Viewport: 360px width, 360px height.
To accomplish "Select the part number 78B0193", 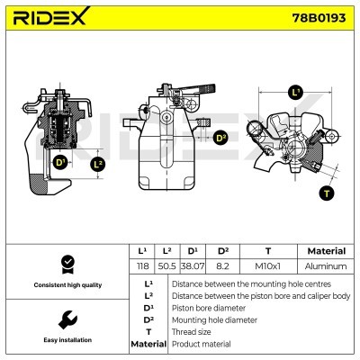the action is pos(319,18).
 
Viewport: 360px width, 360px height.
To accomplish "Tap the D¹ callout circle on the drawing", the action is pos(60,163).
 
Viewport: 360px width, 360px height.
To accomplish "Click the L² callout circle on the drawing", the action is pos(98,164).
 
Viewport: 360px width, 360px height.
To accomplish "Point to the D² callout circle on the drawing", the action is pos(221,139).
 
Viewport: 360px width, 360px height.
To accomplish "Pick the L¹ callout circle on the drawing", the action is pos(296,93).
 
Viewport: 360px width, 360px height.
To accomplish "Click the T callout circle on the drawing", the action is pos(327,193).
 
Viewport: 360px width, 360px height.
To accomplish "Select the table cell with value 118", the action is pos(142,266).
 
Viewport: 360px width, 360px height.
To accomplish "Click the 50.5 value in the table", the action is pos(166,266).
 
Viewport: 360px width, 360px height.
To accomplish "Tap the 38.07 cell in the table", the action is pos(193,266).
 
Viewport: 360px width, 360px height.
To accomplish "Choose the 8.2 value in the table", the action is pos(222,266).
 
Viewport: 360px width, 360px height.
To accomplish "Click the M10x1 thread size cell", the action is pos(267,266).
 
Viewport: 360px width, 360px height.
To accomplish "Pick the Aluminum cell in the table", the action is pos(326,266).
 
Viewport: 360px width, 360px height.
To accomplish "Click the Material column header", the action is pos(327,251).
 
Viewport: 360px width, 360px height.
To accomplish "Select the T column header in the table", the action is pos(268,251).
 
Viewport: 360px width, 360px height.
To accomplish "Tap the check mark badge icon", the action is pos(67,265).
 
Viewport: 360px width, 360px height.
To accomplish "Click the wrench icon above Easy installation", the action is pos(67,319).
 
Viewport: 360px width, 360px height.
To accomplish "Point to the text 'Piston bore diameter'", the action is pos(209,308).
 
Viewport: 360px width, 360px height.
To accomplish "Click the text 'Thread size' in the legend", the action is pos(191,332).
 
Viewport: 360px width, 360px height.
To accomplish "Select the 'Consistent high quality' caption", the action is pos(67,285).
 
